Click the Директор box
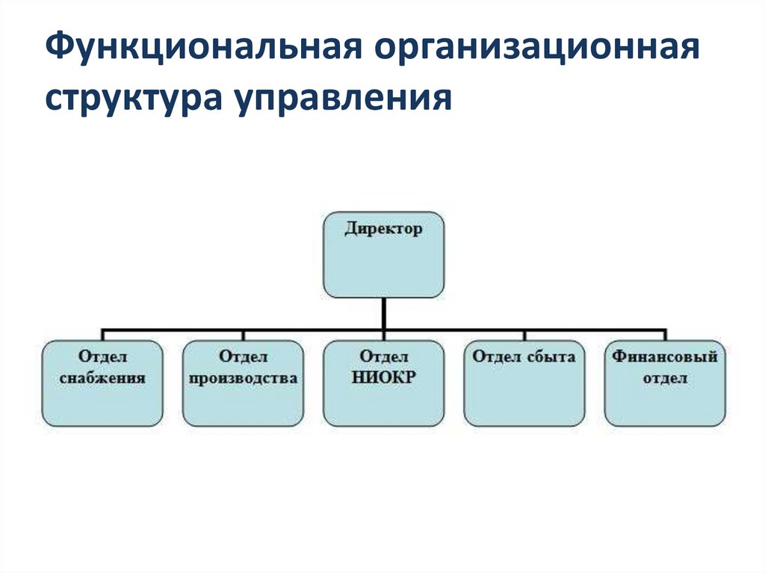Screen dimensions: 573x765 [x=383, y=254]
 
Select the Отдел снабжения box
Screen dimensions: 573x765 [x=102, y=383]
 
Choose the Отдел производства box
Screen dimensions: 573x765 [x=243, y=383]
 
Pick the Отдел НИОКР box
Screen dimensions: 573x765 [x=383, y=383]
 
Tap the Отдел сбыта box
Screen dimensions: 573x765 [x=524, y=383]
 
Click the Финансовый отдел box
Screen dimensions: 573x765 [x=665, y=383]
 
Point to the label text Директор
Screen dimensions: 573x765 [x=383, y=229]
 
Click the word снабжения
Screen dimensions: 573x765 [x=102, y=378]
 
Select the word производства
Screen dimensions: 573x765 [x=243, y=378]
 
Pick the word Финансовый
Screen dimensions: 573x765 [x=665, y=357]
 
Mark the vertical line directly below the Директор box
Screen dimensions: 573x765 [x=383, y=312]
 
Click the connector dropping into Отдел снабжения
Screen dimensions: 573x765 [x=102, y=334]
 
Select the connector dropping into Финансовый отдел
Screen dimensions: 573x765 [x=665, y=334]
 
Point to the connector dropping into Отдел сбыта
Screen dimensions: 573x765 [x=524, y=334]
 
